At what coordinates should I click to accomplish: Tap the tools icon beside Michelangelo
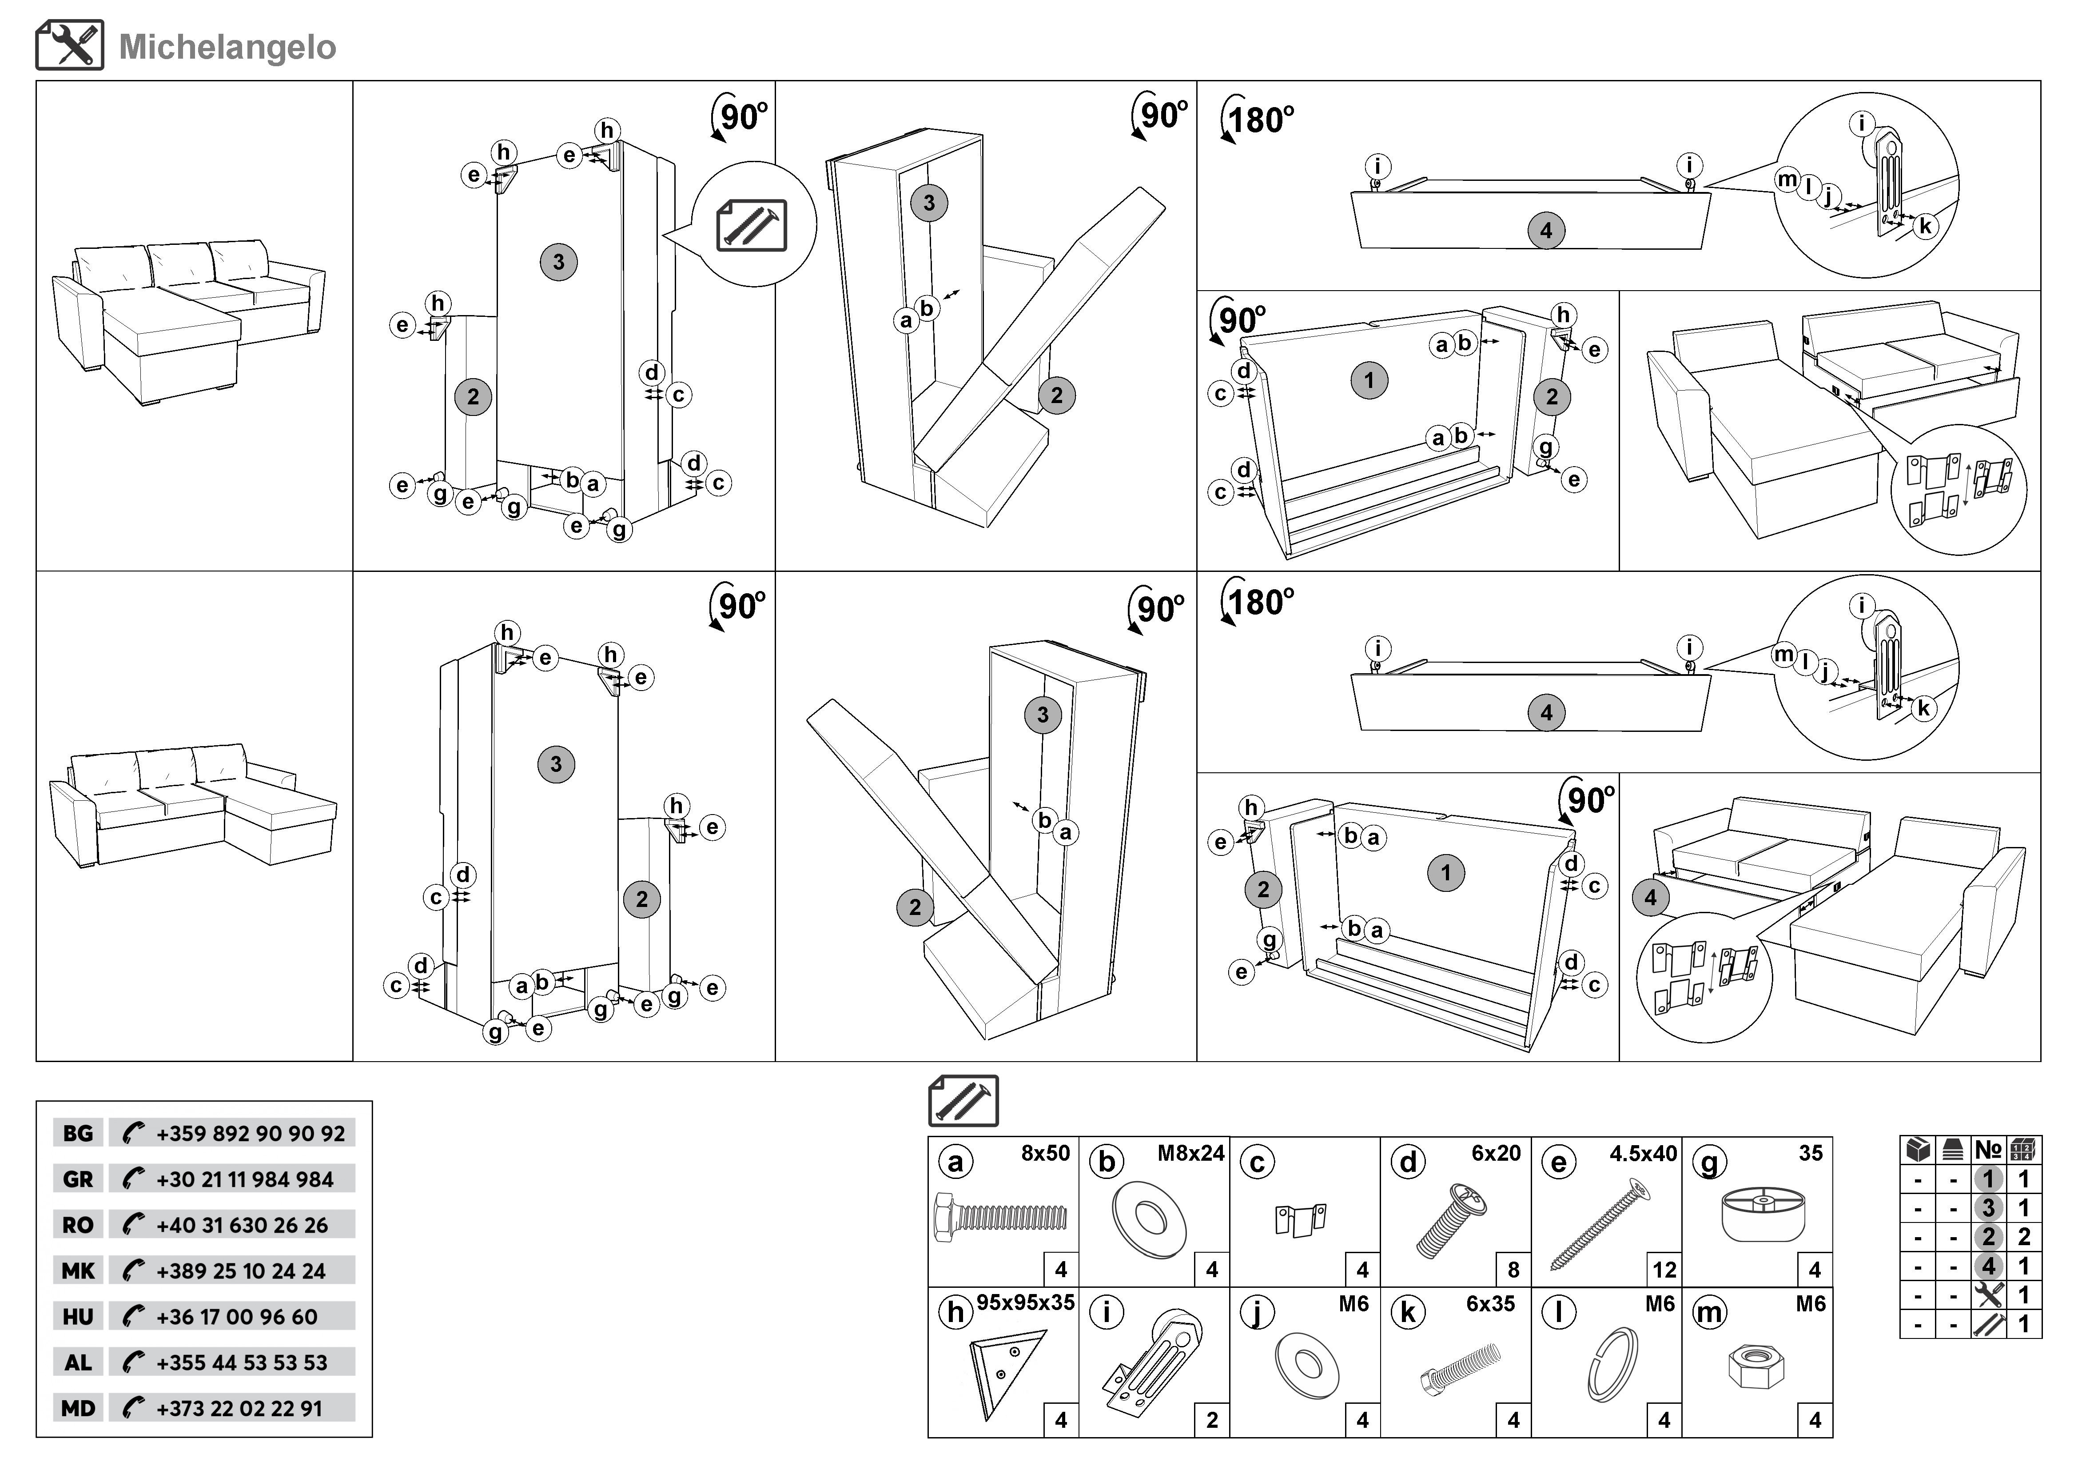(x=70, y=45)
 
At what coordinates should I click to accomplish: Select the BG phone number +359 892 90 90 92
(x=250, y=1133)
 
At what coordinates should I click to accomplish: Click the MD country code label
(x=78, y=1408)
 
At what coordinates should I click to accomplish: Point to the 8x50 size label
(x=1045, y=1153)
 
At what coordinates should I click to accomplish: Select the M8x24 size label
(x=1190, y=1153)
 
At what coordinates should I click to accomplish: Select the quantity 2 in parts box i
(x=1212, y=1420)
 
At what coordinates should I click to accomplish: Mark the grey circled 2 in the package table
(x=1988, y=1236)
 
